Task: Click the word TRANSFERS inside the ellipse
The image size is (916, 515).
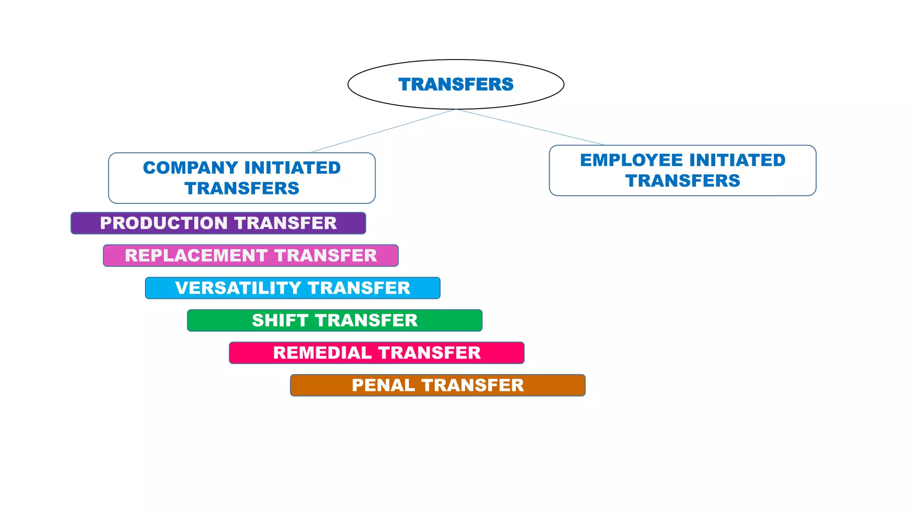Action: click(456, 84)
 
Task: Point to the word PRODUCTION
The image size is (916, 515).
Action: click(164, 223)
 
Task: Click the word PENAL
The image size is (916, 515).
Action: click(383, 385)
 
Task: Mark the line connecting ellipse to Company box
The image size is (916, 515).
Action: click(383, 131)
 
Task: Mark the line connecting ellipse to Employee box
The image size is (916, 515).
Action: click(530, 127)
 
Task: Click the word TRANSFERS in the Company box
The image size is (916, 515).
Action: click(242, 189)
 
